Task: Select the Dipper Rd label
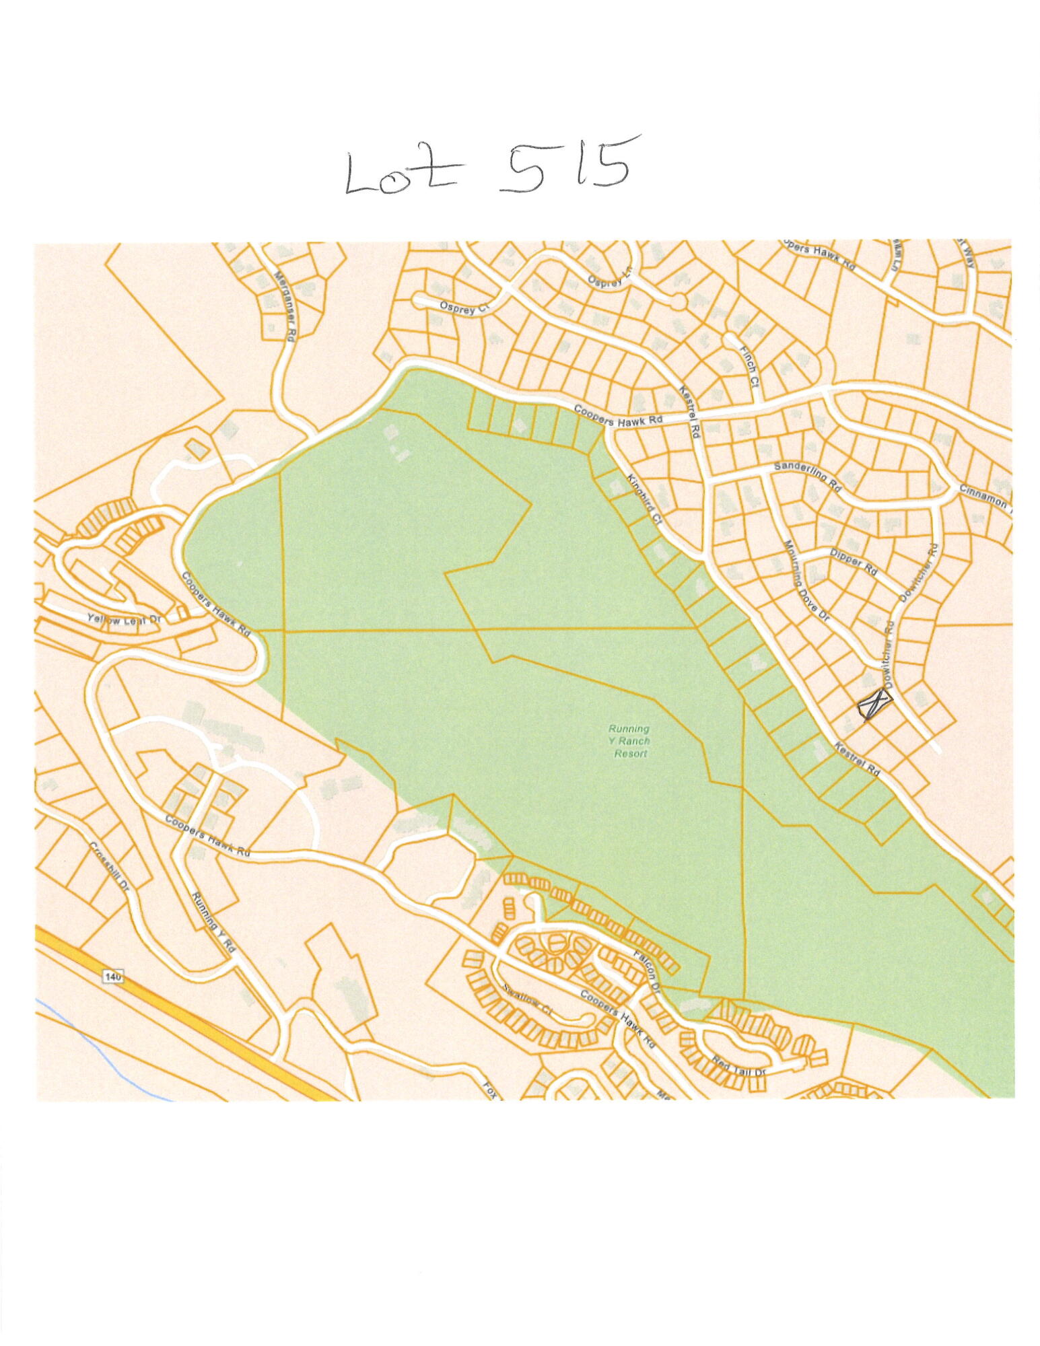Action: pyautogui.click(x=854, y=561)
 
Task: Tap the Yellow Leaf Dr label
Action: pyautogui.click(x=122, y=619)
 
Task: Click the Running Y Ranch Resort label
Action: pyautogui.click(x=629, y=740)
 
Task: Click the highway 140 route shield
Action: pyautogui.click(x=114, y=975)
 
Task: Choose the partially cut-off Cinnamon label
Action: pyautogui.click(x=983, y=502)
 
